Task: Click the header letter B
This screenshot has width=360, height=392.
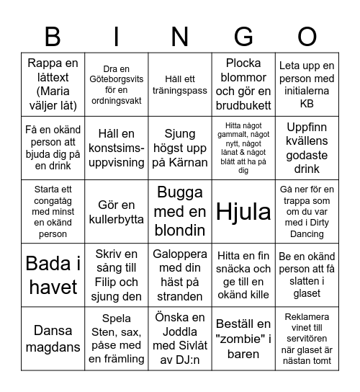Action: [x=53, y=36]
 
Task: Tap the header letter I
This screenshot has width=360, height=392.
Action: [x=116, y=36]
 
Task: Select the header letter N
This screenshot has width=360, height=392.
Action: [x=179, y=36]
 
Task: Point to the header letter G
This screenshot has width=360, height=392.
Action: [x=243, y=36]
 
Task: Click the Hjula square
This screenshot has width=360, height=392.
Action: [x=243, y=211]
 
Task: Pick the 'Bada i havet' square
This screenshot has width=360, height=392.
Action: [x=53, y=275]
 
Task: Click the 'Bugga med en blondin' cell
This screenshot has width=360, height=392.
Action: [x=180, y=211]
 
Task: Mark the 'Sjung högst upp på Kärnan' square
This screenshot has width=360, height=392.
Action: [x=180, y=148]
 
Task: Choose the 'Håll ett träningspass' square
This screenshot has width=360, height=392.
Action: [x=180, y=84]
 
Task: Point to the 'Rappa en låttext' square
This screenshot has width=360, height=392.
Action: [x=53, y=84]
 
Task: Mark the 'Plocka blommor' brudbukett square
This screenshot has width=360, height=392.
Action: [x=243, y=84]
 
